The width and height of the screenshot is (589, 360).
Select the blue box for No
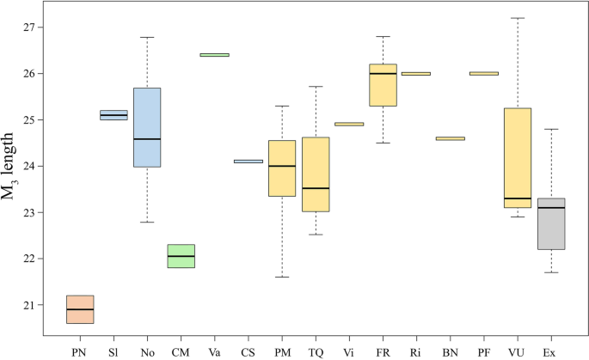(x=147, y=127)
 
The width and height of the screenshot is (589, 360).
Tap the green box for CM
(x=181, y=256)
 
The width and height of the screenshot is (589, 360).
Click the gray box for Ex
(x=551, y=223)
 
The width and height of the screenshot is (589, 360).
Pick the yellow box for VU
(x=518, y=158)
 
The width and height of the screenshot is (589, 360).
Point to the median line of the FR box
(x=383, y=74)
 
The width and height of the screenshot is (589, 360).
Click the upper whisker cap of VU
(x=518, y=18)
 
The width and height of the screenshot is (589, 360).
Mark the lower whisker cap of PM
(x=282, y=278)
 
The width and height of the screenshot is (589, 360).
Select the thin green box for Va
(x=214, y=55)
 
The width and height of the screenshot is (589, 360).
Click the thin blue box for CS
(x=248, y=162)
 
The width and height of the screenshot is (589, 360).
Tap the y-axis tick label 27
(x=32, y=27)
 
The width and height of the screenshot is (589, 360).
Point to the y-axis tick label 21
(x=32, y=305)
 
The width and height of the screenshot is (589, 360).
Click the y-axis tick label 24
(x=32, y=166)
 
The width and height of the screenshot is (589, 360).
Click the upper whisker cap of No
(x=147, y=37)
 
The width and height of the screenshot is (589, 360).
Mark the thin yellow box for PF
(x=484, y=74)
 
